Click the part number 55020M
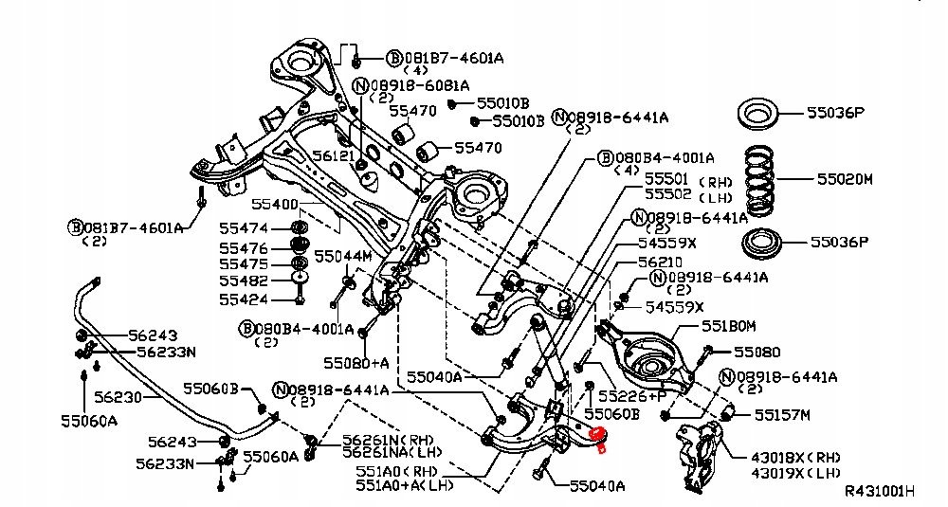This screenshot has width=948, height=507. point(837,178)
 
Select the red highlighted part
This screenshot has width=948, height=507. point(597,436)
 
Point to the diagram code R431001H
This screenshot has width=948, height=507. point(880,492)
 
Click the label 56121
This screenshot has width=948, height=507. point(334,155)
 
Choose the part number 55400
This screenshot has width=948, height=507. point(275,205)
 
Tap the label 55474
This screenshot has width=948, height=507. point(244,228)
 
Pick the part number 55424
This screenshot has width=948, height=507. point(244,299)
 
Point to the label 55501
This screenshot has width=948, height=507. point(665,177)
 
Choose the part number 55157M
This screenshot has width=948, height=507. point(782,414)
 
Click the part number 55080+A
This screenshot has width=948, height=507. point(355,362)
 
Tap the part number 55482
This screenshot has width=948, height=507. point(244,281)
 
